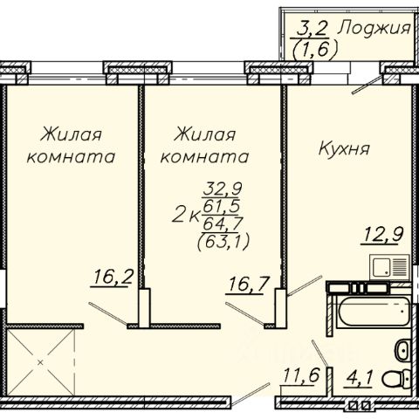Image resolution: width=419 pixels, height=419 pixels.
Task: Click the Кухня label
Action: click(x=344, y=148)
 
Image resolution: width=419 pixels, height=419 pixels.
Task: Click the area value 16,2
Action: click(x=113, y=278)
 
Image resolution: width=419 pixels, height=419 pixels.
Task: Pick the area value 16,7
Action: click(x=247, y=285)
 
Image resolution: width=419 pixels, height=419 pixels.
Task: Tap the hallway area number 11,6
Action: click(x=300, y=375)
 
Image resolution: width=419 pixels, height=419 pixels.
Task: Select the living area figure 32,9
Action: click(x=223, y=189)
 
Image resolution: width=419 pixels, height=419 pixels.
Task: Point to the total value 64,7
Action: click(x=223, y=223)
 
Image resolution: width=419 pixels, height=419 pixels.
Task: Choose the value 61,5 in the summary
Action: click(x=222, y=206)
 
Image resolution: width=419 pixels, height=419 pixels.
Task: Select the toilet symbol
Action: click(x=396, y=378)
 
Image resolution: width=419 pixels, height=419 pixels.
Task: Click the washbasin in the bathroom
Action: click(x=402, y=350)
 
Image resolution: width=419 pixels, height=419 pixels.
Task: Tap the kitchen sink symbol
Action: click(x=389, y=266)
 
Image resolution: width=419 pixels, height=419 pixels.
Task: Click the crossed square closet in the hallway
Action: click(x=40, y=362)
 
